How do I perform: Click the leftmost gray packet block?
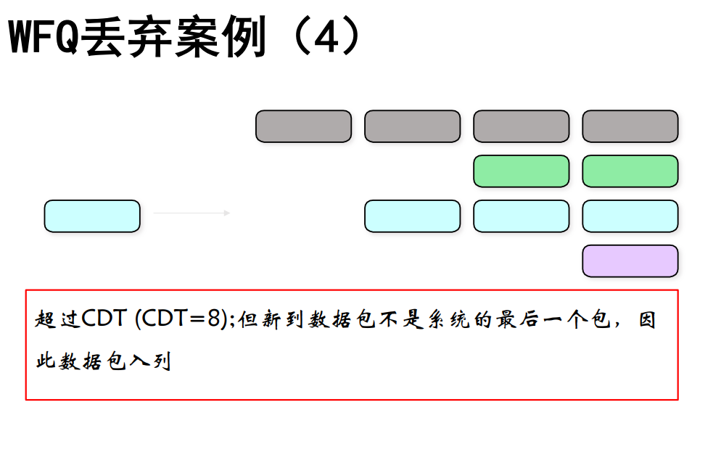pyautogui.click(x=303, y=126)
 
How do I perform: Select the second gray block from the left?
pyautogui.click(x=413, y=126)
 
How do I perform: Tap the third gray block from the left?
pyautogui.click(x=522, y=126)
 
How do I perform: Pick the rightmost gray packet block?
pyautogui.click(x=630, y=126)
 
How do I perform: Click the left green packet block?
pyautogui.click(x=522, y=171)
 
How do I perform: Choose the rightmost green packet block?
pyautogui.click(x=630, y=171)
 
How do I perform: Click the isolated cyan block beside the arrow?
pyautogui.click(x=92, y=216)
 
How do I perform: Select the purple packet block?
pyautogui.click(x=630, y=261)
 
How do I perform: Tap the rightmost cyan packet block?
pyautogui.click(x=630, y=216)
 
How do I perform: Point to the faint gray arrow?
pyautogui.click(x=191, y=213)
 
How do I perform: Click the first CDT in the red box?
pyautogui.click(x=104, y=318)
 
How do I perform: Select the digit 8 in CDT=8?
pyautogui.click(x=214, y=318)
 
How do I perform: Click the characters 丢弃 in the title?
pyautogui.click(x=126, y=37)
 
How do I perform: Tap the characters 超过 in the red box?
pyautogui.click(x=57, y=319)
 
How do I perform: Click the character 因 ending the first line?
pyautogui.click(x=647, y=319)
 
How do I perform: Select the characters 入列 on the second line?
pyautogui.click(x=150, y=361)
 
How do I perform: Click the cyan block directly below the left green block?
pyautogui.click(x=522, y=216)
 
